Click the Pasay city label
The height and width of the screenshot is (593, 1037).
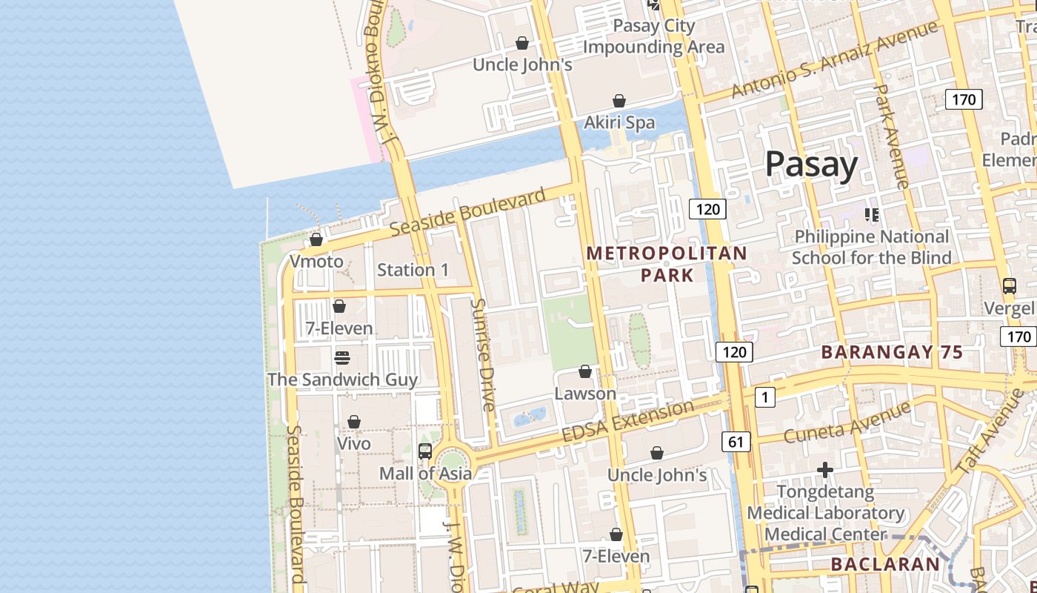811,164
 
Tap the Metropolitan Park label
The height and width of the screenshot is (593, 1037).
667,264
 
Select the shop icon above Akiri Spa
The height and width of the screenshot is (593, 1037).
619,101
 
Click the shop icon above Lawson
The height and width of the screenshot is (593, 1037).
585,371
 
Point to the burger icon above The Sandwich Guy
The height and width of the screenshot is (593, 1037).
342,358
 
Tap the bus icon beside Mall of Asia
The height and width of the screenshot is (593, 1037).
425,451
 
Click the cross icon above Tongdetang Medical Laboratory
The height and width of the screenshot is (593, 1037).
825,470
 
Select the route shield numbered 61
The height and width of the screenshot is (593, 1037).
736,443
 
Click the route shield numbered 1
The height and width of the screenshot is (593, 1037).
764,397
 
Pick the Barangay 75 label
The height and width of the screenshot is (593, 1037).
892,352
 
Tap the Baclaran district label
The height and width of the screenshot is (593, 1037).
884,564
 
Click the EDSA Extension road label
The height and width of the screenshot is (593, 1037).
628,421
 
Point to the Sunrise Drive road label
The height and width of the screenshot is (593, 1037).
482,354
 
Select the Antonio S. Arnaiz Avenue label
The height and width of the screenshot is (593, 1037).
834,59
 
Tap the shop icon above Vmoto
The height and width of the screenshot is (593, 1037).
316,239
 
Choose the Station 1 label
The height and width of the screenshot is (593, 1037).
413,270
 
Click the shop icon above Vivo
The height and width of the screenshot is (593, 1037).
354,422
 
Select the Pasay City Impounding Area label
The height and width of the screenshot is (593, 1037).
653,36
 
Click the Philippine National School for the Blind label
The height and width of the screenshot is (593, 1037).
871,247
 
